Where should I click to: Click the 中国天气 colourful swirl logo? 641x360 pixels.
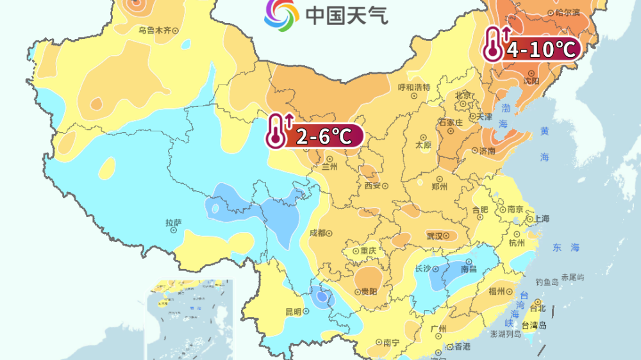(281, 15)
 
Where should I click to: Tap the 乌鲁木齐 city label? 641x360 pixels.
(154, 30)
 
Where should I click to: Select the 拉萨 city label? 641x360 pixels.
(174, 223)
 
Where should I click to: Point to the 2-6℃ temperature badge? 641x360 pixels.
(323, 136)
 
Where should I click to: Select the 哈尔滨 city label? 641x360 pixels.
(568, 13)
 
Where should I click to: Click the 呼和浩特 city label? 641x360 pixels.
(413, 87)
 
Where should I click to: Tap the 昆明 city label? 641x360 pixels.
(293, 311)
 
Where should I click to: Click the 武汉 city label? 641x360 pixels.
(435, 236)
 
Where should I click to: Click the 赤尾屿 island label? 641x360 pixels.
(572, 277)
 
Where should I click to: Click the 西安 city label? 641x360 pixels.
(372, 186)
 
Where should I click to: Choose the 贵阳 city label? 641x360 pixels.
(369, 291)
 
